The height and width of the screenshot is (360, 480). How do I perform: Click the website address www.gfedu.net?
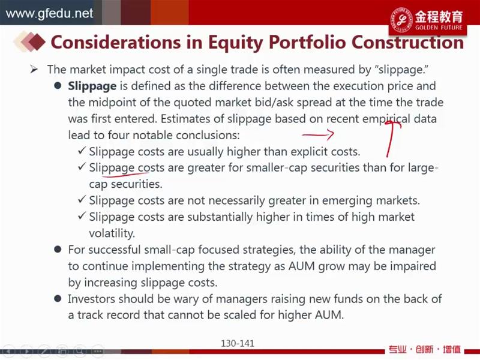pos(49,13)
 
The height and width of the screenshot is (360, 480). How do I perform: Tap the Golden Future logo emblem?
pos(401,20)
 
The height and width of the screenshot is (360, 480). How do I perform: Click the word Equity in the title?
pos(235,42)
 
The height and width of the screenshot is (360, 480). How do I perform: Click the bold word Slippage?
pos(92,86)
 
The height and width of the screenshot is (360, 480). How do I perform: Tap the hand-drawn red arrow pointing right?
pos(318,134)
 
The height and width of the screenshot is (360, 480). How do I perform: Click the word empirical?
pos(386,119)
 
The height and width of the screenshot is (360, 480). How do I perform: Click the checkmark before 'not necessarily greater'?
pos(82,200)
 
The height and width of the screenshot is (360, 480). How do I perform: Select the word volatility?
pos(112,233)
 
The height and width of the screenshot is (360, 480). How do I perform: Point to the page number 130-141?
pos(238,343)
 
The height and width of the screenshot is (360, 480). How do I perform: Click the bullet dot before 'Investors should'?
pos(58,298)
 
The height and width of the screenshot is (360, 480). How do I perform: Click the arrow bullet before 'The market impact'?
pos(34,70)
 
